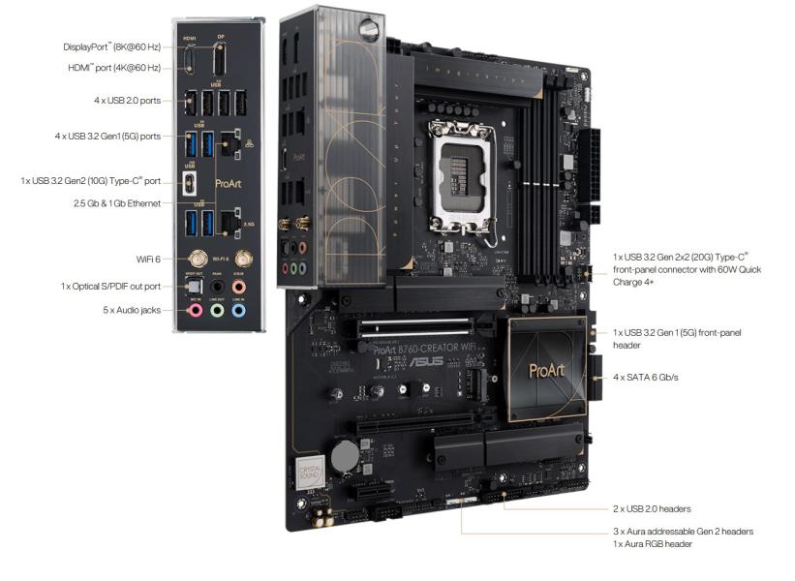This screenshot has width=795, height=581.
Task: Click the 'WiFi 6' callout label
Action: tap(148, 260)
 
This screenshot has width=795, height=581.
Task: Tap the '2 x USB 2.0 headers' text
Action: tap(652, 508)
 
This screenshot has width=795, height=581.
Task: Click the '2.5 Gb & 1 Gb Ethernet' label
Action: tap(117, 203)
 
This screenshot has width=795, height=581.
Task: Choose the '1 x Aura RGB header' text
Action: tap(653, 544)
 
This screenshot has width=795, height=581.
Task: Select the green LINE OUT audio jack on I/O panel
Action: tap(216, 311)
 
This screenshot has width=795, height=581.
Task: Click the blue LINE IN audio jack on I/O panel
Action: tap(238, 311)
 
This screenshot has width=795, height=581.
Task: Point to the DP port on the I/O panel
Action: tap(219, 62)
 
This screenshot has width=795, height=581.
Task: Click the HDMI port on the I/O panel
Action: tap(192, 61)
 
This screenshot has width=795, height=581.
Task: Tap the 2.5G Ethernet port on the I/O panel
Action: tap(229, 225)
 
